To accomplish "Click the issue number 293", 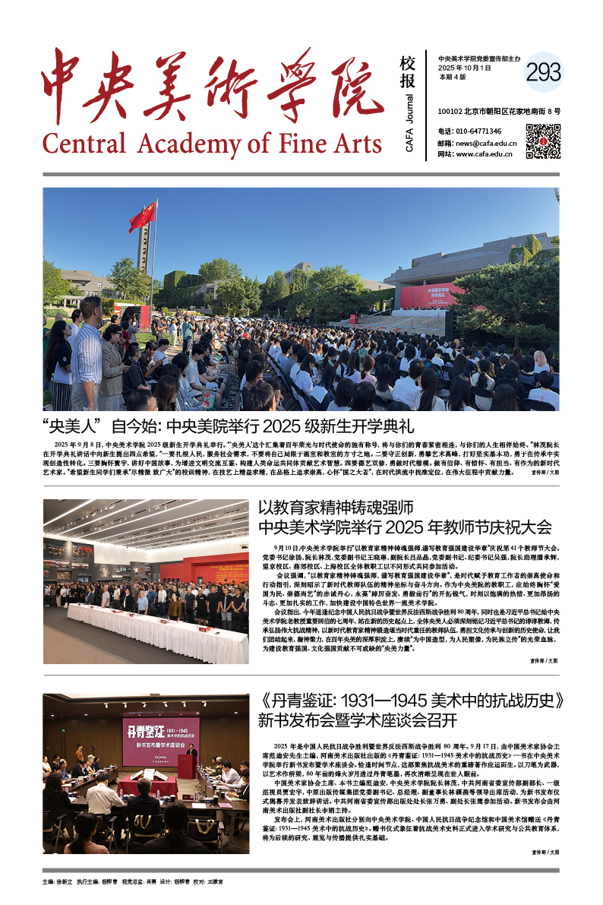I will (x=543, y=72).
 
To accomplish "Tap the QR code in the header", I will (x=543, y=141).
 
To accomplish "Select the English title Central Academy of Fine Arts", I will (x=212, y=142).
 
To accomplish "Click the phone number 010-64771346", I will (x=479, y=131).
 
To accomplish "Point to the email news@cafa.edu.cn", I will (x=487, y=143).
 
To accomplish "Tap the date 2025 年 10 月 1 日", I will (x=465, y=68).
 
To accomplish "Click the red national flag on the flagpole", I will (x=142, y=217).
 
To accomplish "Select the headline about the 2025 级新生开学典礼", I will (x=229, y=426).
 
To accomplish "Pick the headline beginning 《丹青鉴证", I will (x=409, y=700).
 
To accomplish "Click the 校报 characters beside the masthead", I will (x=408, y=72).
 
